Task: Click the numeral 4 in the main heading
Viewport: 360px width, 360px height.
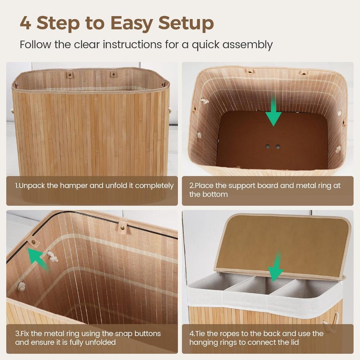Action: point(25,23)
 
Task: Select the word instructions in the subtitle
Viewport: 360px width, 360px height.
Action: point(132,44)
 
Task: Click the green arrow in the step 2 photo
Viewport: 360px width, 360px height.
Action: point(274,111)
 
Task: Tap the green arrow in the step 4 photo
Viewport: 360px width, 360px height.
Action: point(276,267)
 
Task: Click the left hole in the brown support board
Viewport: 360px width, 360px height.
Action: point(268,146)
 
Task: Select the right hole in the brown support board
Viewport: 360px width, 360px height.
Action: point(278,147)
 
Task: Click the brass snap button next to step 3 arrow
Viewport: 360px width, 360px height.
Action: point(34,242)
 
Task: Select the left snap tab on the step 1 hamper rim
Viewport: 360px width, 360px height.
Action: point(70,75)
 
